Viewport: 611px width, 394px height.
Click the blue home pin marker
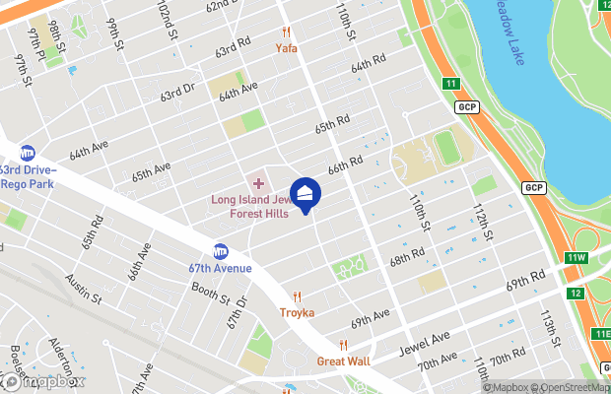tap(305, 194)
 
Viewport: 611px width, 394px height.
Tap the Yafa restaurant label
tap(287, 47)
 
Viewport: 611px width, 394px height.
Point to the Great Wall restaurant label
tap(343, 361)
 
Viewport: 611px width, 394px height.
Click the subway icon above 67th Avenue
tap(221, 251)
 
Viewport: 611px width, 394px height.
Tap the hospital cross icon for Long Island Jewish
tap(259, 183)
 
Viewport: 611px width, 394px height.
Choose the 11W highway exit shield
tap(577, 258)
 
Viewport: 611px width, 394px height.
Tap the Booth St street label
tap(209, 294)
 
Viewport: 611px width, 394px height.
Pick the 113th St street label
tap(548, 323)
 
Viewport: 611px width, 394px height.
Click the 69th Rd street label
tap(525, 281)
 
